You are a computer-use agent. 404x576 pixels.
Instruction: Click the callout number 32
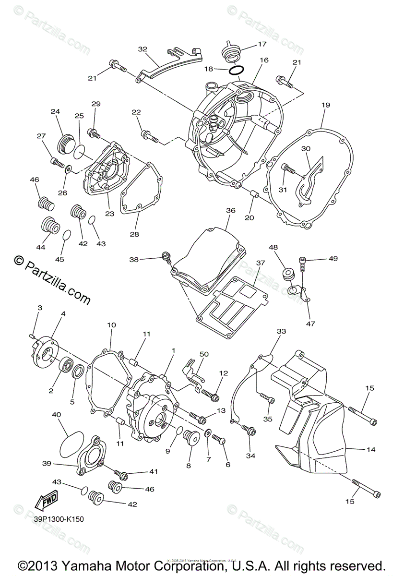143,49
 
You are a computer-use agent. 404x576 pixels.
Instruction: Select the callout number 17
261,44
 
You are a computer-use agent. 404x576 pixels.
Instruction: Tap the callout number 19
326,104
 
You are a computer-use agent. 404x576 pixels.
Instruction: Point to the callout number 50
204,354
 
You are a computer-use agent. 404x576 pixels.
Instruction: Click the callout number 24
55,112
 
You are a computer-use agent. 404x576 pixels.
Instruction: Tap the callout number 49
333,259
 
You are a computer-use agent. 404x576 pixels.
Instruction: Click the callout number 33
281,331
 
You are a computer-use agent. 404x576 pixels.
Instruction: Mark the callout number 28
134,234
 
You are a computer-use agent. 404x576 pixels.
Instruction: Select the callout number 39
46,463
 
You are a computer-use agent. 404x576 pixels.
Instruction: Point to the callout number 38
134,259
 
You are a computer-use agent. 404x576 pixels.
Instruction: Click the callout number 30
306,149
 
